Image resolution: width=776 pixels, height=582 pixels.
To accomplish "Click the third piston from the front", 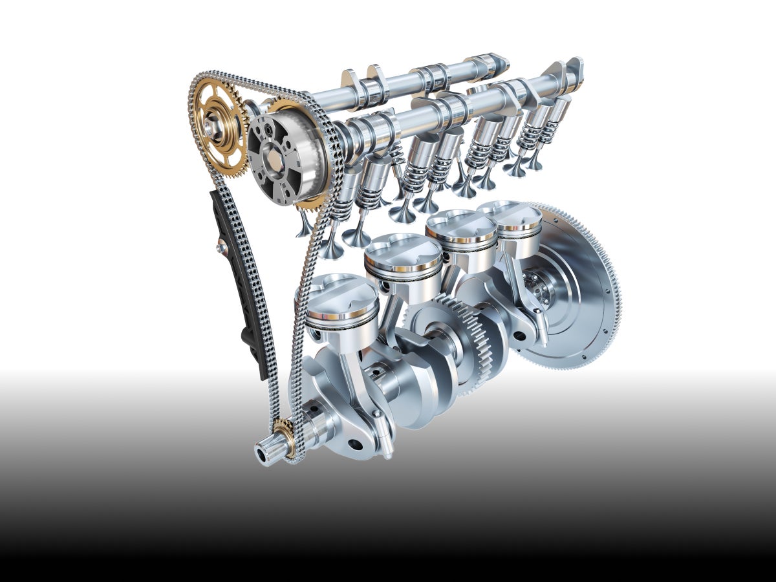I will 460,227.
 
